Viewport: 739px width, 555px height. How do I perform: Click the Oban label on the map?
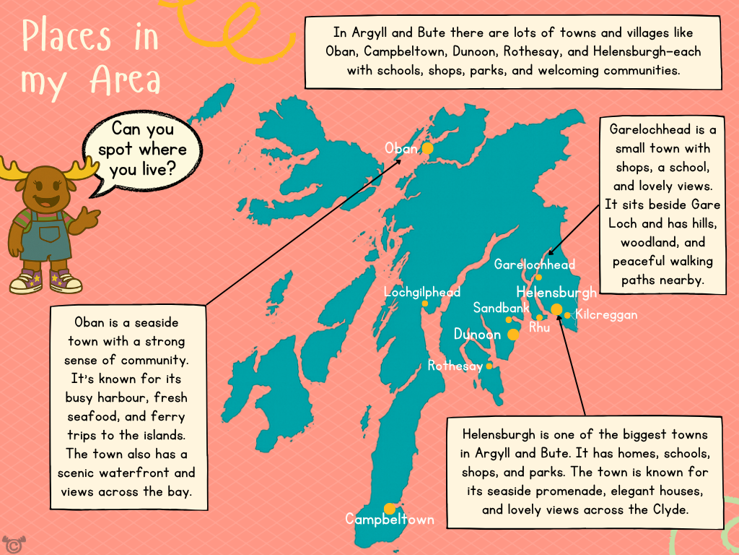click(x=401, y=148)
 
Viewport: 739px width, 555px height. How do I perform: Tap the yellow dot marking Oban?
click(x=427, y=148)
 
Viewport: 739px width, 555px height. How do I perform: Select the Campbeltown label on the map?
click(x=390, y=520)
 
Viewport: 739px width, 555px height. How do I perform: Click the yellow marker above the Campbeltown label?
click(x=390, y=508)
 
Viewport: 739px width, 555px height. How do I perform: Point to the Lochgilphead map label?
click(x=422, y=293)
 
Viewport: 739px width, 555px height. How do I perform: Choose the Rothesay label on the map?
click(x=455, y=366)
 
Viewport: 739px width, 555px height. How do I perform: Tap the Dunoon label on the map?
click(x=477, y=335)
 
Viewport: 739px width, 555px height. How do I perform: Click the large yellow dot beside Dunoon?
click(x=513, y=335)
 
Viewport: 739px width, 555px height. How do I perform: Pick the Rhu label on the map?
click(x=539, y=328)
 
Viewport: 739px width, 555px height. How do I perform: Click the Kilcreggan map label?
click(x=606, y=315)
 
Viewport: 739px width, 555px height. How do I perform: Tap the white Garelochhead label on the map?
click(x=535, y=264)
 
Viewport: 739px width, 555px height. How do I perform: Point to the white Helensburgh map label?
click(x=556, y=292)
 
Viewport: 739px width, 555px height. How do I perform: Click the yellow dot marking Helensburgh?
click(x=556, y=309)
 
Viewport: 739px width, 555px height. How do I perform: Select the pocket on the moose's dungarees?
click(x=49, y=235)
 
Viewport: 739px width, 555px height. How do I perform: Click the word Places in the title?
click(x=66, y=36)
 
